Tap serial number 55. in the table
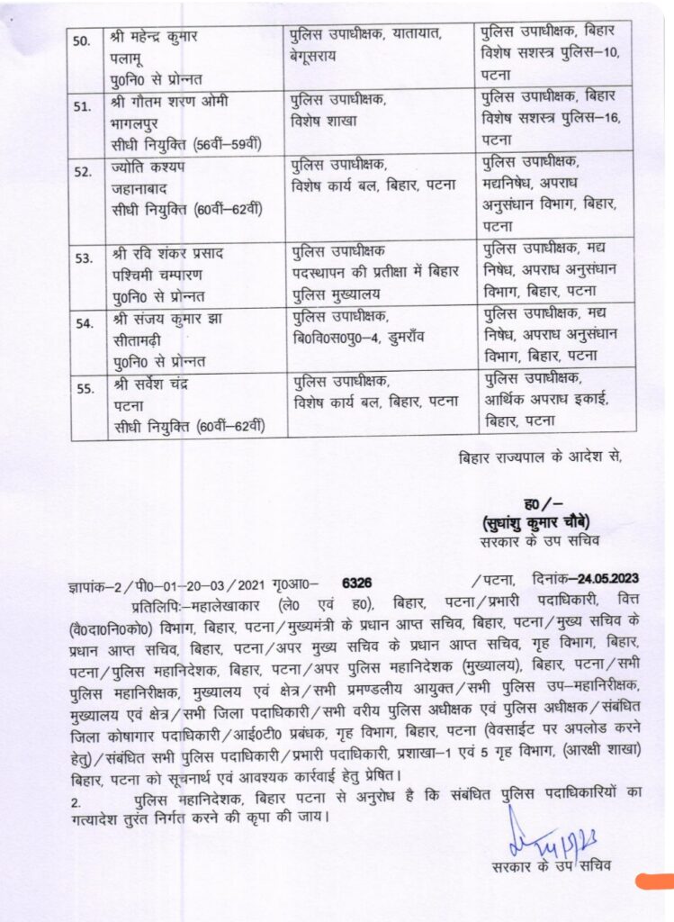point(84,390)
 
